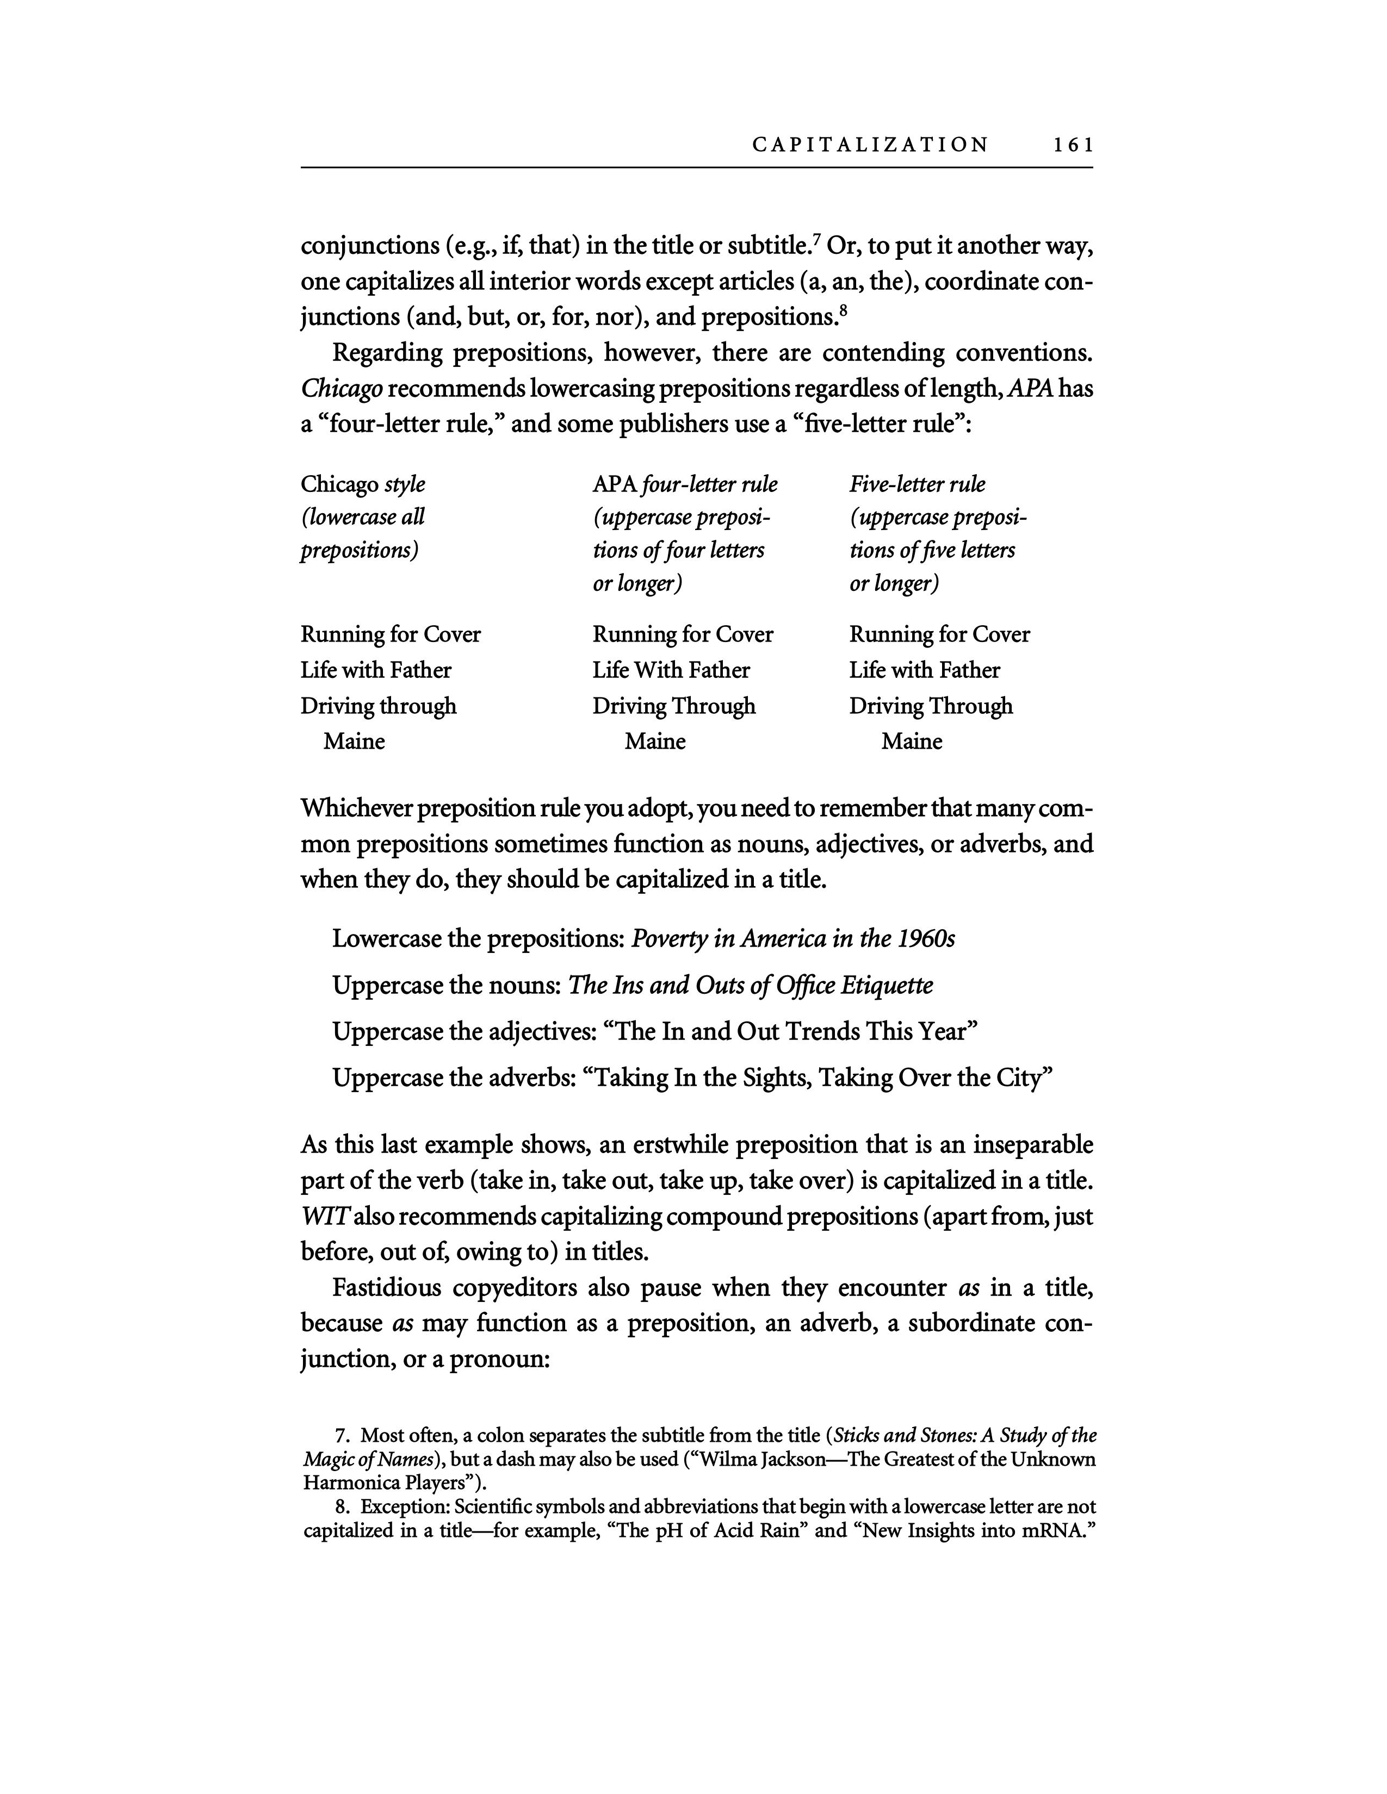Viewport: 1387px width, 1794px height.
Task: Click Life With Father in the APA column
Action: (671, 670)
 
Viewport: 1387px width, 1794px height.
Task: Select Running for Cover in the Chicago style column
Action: (391, 635)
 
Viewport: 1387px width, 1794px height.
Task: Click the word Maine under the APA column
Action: (655, 742)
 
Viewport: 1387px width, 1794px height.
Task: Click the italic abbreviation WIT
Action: (320, 1217)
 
